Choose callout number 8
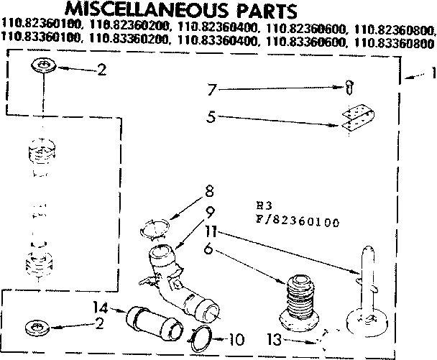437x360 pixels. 209,193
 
